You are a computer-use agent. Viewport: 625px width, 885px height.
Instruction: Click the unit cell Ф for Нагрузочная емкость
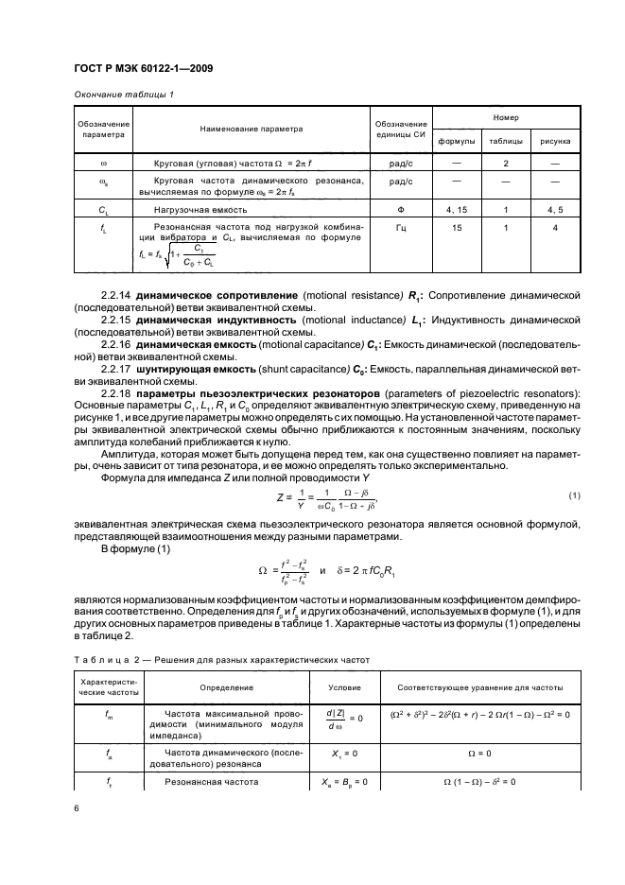pyautogui.click(x=401, y=210)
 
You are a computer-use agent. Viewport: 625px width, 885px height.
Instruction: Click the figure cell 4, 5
pyautogui.click(x=555, y=210)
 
